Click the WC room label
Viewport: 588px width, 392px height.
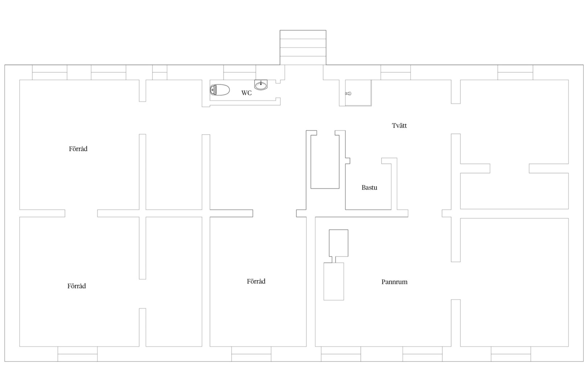[x=246, y=93]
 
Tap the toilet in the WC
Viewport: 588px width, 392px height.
[x=220, y=90]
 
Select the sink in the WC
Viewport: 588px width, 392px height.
[x=261, y=85]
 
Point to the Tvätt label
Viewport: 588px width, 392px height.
[x=399, y=126]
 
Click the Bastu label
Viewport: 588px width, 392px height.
[x=369, y=187]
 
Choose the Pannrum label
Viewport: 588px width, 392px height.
[x=394, y=282]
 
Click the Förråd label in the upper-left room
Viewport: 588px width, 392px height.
[x=78, y=149]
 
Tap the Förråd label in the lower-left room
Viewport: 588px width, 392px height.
[x=77, y=286]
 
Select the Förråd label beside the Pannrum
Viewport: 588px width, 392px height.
[x=256, y=281]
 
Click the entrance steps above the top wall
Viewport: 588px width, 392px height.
[x=303, y=48]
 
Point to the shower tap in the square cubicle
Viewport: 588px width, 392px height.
[x=348, y=94]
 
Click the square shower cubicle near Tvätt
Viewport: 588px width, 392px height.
[x=358, y=93]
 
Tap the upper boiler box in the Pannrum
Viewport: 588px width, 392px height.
[x=339, y=243]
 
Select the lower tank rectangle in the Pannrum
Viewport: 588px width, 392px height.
[x=334, y=281]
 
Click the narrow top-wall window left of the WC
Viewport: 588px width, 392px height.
[x=160, y=73]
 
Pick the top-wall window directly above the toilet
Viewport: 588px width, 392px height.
[x=240, y=73]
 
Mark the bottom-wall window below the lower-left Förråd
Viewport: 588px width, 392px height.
[x=78, y=354]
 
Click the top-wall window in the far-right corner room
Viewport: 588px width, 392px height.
[x=515, y=73]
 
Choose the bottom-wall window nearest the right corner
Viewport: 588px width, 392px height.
[x=511, y=354]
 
